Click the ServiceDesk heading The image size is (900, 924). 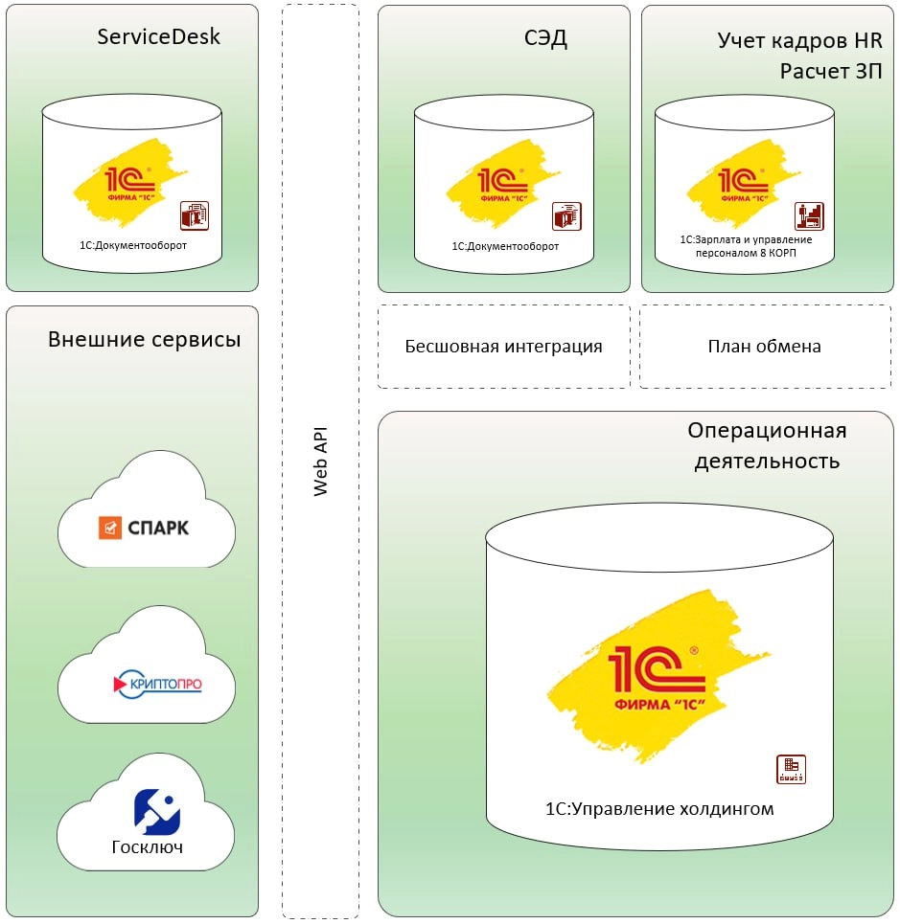coord(158,37)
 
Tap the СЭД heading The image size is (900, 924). coord(545,39)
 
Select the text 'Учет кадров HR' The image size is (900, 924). coord(799,40)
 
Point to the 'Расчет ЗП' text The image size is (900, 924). coord(830,72)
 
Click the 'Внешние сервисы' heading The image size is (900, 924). coord(144,340)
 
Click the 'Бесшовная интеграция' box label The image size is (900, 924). coord(503,347)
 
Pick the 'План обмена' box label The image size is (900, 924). coord(765,347)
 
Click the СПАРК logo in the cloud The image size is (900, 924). coord(145,528)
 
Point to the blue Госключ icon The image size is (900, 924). coord(157,812)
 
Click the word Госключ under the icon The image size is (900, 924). coord(147,847)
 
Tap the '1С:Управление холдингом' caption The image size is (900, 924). coord(658,809)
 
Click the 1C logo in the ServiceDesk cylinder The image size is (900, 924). coord(129,182)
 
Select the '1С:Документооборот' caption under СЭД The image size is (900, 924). coord(504,246)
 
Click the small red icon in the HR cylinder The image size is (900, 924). coord(808,215)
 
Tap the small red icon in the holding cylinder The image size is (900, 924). coord(790,769)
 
